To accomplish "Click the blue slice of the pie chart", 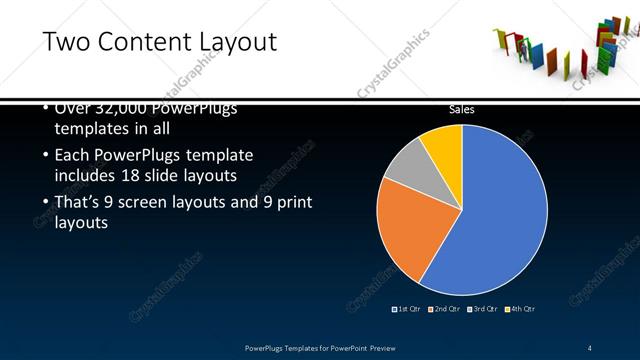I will pyautogui.click(x=500, y=210).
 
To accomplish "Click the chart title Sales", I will pyautogui.click(x=461, y=109).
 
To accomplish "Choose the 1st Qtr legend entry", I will pyautogui.click(x=407, y=308).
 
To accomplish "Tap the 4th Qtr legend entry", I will pyautogui.click(x=521, y=308).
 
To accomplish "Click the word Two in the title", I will pyautogui.click(x=69, y=41).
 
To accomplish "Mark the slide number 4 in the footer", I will pyautogui.click(x=590, y=347).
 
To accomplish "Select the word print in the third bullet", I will pyautogui.click(x=291, y=203).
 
